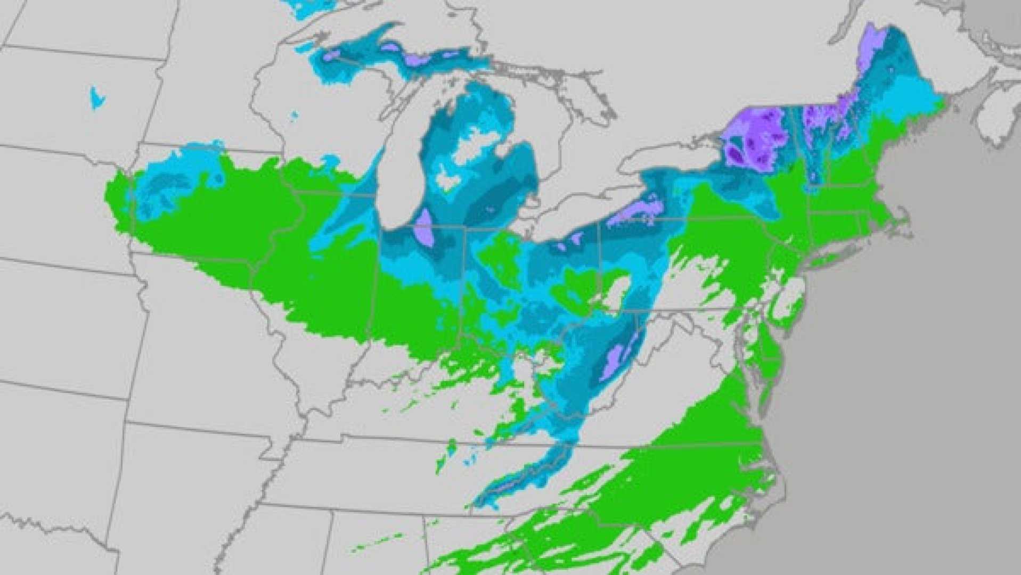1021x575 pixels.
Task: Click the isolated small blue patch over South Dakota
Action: coord(96,98)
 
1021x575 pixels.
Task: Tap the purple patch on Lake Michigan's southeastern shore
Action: coord(426,227)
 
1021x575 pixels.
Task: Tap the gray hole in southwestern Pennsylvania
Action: coord(618,293)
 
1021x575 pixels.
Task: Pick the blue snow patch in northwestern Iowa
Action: coord(176,181)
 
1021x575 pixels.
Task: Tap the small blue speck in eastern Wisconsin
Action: coord(295,115)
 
